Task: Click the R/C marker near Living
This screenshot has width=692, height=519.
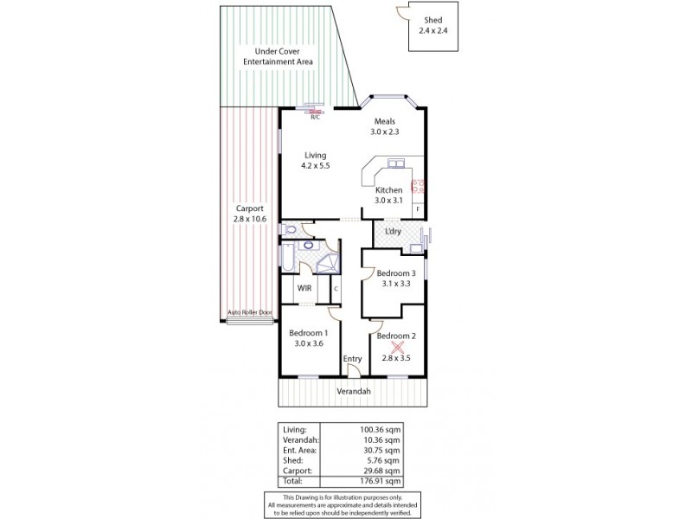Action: (x=315, y=116)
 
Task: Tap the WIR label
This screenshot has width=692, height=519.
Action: (x=304, y=288)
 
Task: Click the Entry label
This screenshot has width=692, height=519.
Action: (x=352, y=358)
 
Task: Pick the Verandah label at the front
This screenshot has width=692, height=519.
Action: (x=353, y=392)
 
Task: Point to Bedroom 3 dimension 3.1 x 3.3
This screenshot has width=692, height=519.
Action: (x=389, y=282)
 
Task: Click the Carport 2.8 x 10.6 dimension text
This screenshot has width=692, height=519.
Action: (x=249, y=219)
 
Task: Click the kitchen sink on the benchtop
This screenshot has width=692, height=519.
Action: (x=397, y=163)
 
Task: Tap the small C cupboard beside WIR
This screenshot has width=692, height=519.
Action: (x=336, y=288)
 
